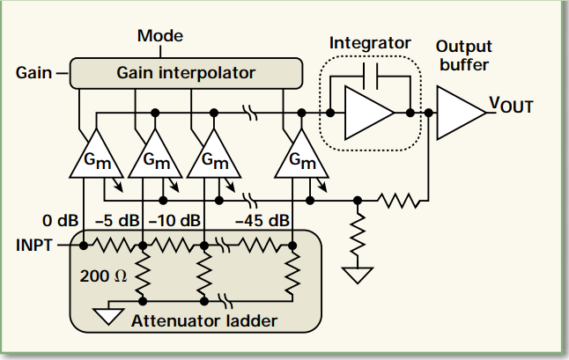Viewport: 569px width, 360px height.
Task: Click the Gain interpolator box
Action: click(186, 73)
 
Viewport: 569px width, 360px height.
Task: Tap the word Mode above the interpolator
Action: click(160, 35)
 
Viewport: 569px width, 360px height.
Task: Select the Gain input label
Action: click(33, 72)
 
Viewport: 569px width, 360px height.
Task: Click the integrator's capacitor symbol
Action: click(370, 76)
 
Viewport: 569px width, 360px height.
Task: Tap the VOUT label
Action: click(511, 105)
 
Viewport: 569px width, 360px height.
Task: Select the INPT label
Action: click(34, 246)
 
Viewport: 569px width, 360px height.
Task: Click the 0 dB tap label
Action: click(60, 220)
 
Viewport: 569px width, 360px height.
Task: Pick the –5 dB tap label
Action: click(117, 220)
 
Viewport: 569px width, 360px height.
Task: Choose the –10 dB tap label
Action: click(174, 220)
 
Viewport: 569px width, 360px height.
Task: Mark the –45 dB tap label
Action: click(262, 220)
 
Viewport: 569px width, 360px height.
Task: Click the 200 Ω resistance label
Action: click(103, 276)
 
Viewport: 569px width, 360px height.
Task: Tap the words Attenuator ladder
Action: click(204, 321)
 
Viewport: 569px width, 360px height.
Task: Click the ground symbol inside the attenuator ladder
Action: click(108, 316)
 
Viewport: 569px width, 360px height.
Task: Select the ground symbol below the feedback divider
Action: click(358, 276)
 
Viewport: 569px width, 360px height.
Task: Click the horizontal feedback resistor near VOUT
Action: click(399, 201)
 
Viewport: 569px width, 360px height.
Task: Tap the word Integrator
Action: click(370, 43)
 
